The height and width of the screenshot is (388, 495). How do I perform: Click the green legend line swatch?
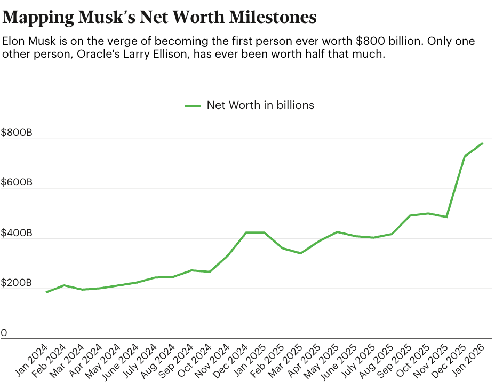[x=193, y=105]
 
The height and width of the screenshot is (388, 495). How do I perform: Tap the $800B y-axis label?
[x=17, y=133]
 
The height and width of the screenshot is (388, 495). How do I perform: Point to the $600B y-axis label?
[x=17, y=183]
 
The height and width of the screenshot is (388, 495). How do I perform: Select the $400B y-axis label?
[x=17, y=233]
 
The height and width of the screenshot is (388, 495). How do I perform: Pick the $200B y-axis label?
[x=17, y=283]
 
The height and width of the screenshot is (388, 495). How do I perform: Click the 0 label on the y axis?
[x=4, y=333]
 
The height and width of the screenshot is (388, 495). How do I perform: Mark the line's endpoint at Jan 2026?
[x=483, y=143]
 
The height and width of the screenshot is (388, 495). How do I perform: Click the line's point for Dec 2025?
[x=465, y=157]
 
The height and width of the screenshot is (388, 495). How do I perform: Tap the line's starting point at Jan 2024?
[x=46, y=292]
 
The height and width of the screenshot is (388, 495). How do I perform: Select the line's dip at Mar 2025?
[x=301, y=253]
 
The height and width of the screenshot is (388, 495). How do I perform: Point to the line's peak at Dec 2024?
[x=246, y=232]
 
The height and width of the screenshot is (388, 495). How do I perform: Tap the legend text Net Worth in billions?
[x=260, y=105]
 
